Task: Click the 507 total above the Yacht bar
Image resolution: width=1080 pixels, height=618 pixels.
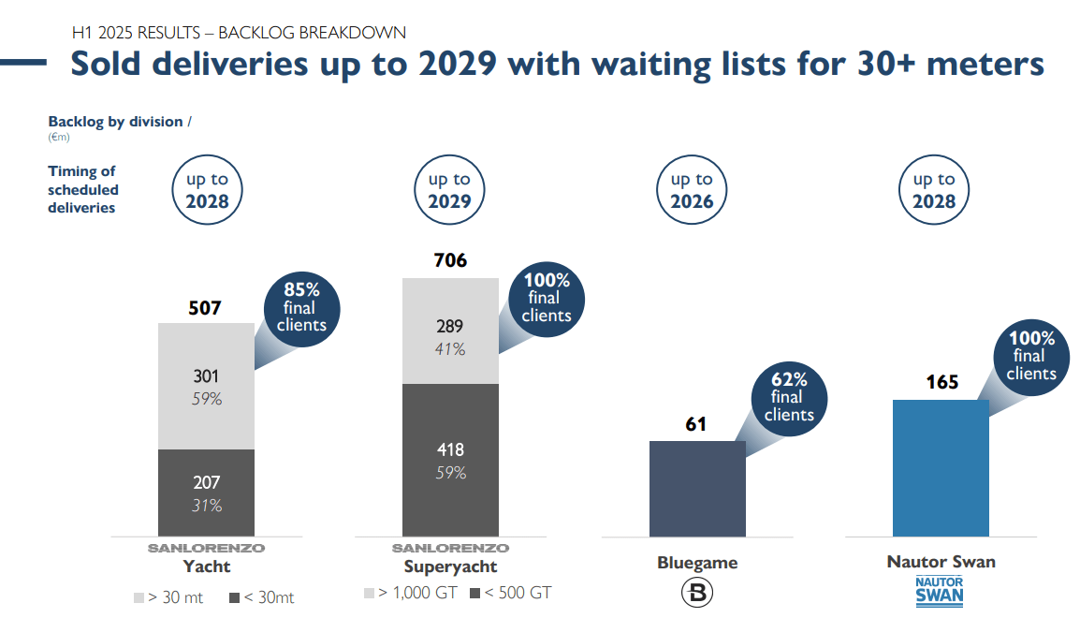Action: (x=205, y=306)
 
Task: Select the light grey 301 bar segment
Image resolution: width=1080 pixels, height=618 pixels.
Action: (x=206, y=386)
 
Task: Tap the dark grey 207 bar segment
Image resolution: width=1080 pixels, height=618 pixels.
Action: (x=206, y=493)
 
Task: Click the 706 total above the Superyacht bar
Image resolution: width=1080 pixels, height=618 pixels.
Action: (x=450, y=260)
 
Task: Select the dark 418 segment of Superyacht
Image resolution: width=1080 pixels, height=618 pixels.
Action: (x=450, y=459)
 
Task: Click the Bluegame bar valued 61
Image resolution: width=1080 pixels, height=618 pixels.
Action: (x=697, y=488)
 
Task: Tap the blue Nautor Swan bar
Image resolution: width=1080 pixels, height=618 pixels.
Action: (x=941, y=467)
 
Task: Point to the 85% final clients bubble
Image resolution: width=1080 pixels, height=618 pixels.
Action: (x=301, y=307)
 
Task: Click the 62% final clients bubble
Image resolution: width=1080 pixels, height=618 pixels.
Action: (x=788, y=397)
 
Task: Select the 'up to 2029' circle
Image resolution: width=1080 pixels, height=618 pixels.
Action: (x=450, y=190)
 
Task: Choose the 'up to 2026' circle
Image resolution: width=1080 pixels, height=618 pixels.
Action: (x=693, y=190)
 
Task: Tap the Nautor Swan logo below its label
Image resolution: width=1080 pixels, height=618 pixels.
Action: (x=940, y=591)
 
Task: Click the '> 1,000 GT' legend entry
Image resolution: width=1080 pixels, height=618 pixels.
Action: (x=411, y=593)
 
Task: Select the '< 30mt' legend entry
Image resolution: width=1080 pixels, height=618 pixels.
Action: (x=261, y=597)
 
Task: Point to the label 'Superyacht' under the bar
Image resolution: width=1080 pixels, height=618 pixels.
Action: (x=450, y=566)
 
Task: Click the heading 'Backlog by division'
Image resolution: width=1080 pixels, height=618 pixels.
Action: (x=116, y=122)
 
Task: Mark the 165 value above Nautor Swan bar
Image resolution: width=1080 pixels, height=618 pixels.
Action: (x=941, y=382)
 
